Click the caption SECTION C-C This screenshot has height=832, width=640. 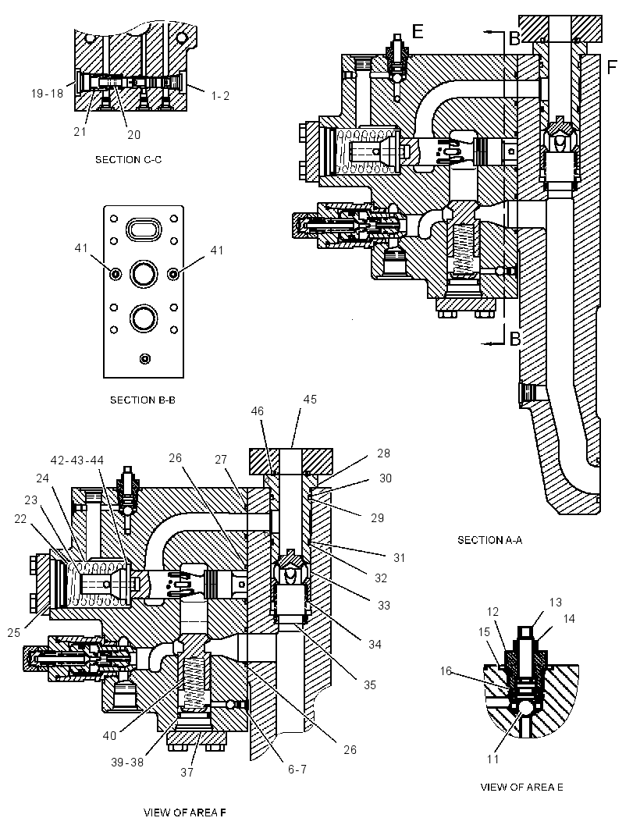click(129, 160)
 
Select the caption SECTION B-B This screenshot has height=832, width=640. click(143, 400)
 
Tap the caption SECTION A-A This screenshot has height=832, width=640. click(490, 540)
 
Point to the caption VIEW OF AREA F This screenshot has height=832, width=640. click(185, 812)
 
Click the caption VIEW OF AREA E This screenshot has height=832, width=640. click(521, 787)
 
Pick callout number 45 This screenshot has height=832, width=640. click(310, 399)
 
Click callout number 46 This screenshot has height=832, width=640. click(258, 411)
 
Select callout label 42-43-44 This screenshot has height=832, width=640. click(77, 460)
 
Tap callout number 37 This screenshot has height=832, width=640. click(187, 772)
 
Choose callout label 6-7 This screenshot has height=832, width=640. click(297, 769)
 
